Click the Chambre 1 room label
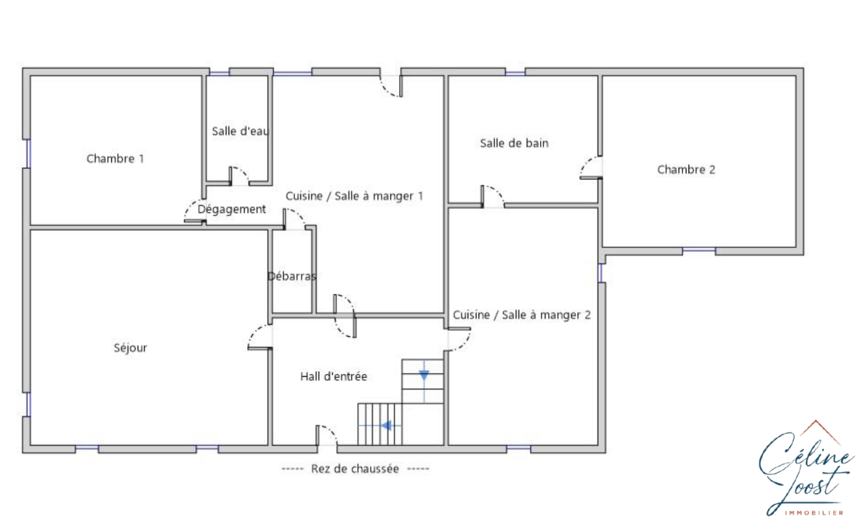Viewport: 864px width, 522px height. coord(115,159)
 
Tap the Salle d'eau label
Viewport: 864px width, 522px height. coord(240,131)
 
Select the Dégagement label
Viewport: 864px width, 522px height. coord(232,209)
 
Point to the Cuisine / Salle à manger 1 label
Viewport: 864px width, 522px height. coord(354,196)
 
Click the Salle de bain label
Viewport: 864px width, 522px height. coord(514,143)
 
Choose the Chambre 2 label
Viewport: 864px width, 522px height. coord(686,170)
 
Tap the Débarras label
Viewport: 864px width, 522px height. coord(292,276)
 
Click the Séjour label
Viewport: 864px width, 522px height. coord(130,348)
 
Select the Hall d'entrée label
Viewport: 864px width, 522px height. coord(334,377)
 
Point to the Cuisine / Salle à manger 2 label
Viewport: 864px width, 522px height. coord(522,315)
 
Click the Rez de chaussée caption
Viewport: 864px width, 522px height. coord(355,469)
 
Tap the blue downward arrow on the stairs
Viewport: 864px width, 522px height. coord(424,375)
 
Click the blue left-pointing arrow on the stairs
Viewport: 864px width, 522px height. coord(386,425)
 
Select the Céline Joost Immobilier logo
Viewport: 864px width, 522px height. coord(806,468)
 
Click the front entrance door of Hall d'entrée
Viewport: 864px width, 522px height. coord(326,436)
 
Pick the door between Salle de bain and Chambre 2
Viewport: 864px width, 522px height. coord(591,168)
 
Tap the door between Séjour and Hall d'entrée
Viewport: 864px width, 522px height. coord(260,337)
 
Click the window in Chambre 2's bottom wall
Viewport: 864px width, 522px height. coord(699,250)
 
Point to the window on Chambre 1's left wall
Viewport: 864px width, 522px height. coord(28,153)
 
